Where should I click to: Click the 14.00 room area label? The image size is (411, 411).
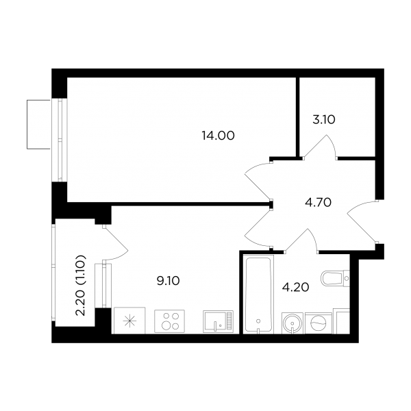(x=218, y=136)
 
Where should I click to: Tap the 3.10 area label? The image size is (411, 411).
(x=324, y=120)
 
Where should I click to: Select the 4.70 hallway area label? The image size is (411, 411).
(x=319, y=202)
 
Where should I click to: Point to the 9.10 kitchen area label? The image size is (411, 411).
(x=168, y=281)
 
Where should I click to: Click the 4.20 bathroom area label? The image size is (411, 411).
(x=296, y=287)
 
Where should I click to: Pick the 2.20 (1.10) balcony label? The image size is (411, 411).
(x=80, y=285)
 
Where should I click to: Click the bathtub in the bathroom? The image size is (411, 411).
(x=258, y=294)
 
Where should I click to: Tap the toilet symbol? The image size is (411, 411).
(x=335, y=278)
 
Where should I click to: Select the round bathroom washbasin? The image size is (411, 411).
(x=292, y=323)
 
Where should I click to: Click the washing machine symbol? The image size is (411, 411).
(x=319, y=323)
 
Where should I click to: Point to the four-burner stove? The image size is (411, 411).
(x=169, y=321)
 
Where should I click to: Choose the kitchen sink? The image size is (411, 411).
(x=218, y=322)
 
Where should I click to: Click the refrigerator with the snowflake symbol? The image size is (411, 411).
(x=129, y=321)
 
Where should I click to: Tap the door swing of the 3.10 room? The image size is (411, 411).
(x=321, y=147)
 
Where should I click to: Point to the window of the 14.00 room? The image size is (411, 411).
(x=60, y=140)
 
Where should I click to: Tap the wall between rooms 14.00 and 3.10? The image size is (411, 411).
(x=298, y=117)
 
